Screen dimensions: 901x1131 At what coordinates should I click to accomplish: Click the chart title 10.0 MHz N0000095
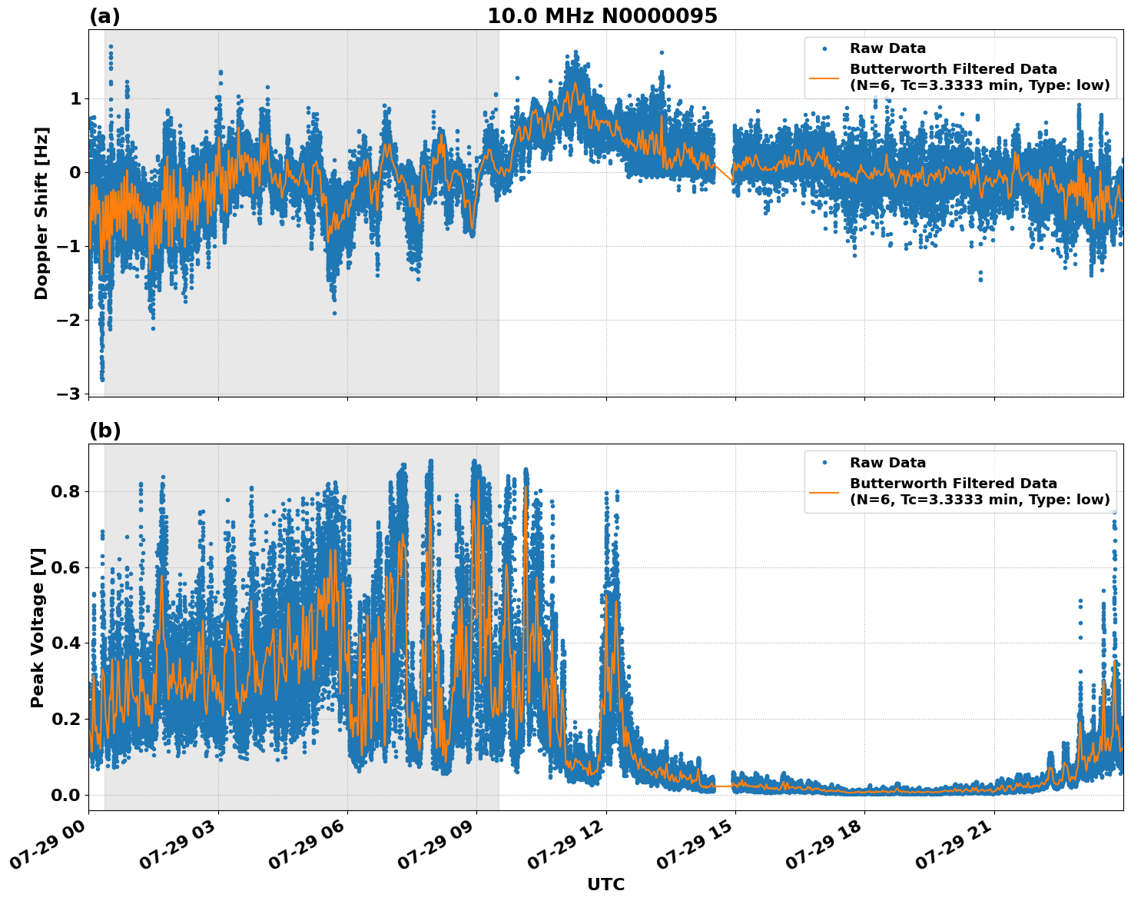602,16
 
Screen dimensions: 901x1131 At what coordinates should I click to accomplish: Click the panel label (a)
104,16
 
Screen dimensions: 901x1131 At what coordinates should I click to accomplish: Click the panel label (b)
104,431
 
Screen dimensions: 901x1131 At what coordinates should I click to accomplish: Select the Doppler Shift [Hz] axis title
41,213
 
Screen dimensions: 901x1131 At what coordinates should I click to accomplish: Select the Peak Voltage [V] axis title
38,627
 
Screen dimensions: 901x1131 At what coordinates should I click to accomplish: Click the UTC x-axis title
605,884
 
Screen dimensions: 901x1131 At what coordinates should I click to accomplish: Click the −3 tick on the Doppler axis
68,394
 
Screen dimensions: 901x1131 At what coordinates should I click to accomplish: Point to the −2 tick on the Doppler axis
68,320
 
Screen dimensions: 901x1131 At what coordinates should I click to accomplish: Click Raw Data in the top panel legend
887,48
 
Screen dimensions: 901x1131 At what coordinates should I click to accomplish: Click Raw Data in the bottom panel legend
887,463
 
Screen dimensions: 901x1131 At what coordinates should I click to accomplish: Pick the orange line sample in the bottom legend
824,492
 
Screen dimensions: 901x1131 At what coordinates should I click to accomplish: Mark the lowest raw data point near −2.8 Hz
102,379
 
